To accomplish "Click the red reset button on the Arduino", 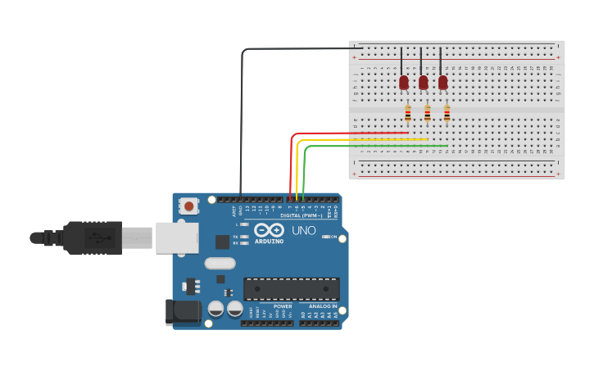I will click(x=189, y=206).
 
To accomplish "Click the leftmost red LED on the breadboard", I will click(x=404, y=82).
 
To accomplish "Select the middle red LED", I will click(x=424, y=82).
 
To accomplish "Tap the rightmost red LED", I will click(x=443, y=82).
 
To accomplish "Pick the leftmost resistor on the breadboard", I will click(x=407, y=113).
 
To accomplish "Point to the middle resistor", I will click(x=427, y=113).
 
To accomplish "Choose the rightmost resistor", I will click(x=447, y=113).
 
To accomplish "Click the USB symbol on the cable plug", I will click(x=96, y=238).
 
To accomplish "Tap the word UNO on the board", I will click(x=303, y=230).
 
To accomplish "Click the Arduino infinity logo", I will click(x=269, y=230).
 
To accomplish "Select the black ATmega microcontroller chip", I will click(x=291, y=288).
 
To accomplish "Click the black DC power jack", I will click(x=183, y=312).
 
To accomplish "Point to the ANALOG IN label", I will click(x=323, y=306).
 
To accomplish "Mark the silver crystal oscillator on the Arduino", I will click(x=220, y=263).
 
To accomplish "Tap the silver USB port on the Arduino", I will click(x=177, y=238).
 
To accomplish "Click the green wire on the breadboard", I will click(x=377, y=146).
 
